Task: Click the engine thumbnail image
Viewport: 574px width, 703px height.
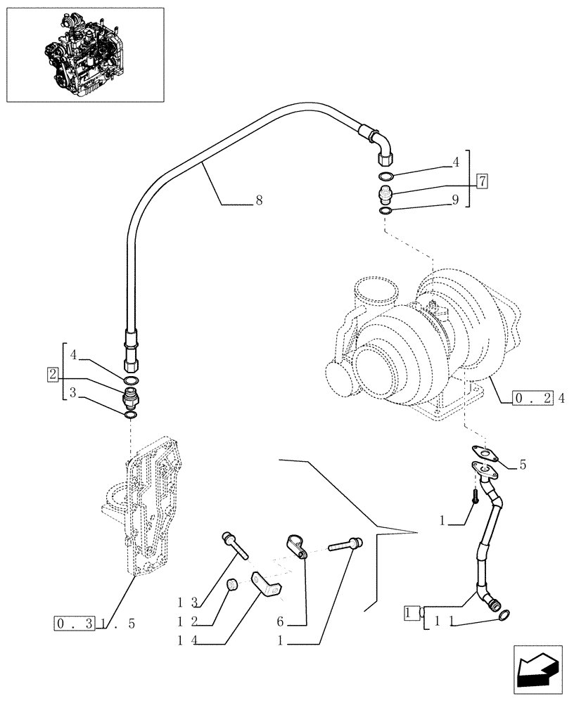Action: [84, 55]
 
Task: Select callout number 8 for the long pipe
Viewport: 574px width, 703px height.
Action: [259, 201]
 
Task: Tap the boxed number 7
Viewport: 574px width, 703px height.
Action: [482, 181]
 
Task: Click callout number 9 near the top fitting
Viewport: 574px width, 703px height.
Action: [456, 200]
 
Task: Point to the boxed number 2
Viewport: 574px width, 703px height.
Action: [53, 373]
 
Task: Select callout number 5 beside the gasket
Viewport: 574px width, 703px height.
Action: [523, 464]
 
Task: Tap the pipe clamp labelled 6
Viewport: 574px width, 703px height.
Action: [298, 546]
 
